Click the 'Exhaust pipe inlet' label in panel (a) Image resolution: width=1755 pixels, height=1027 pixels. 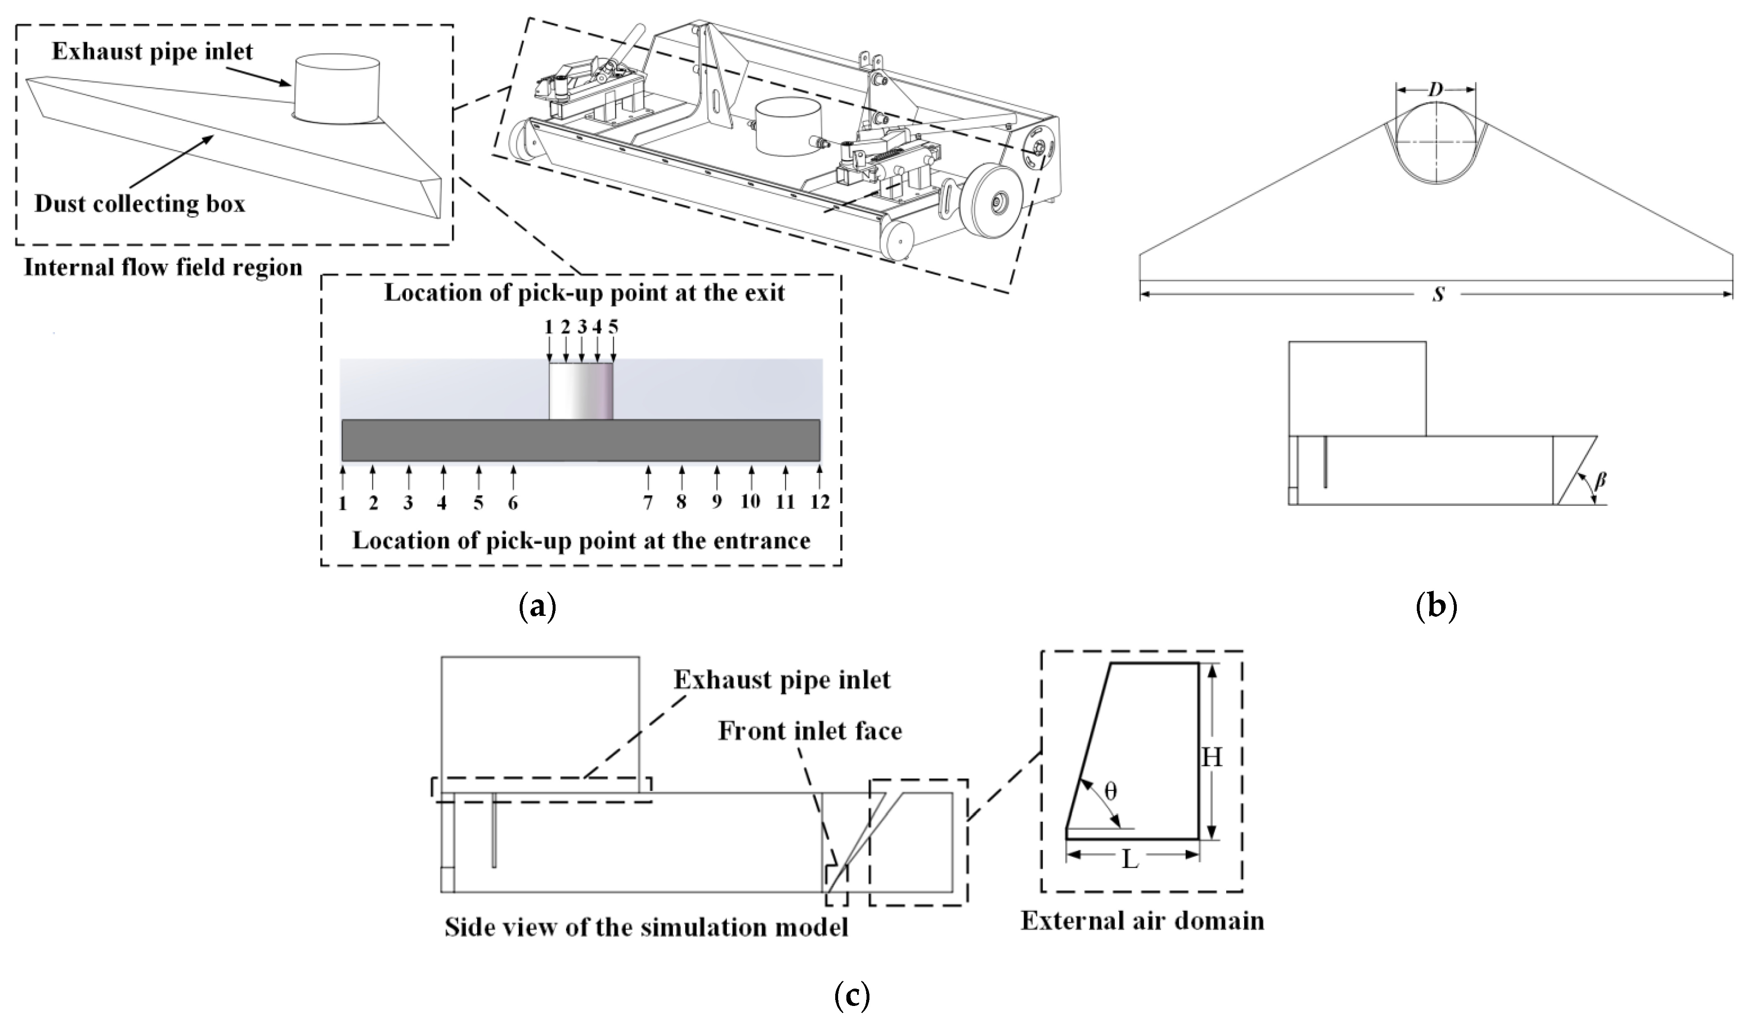(153, 52)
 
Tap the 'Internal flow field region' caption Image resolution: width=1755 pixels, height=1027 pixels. (163, 267)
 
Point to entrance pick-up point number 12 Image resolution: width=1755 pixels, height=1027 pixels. (820, 502)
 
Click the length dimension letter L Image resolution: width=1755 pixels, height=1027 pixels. (1130, 860)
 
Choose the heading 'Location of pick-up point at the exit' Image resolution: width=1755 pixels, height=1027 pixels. (584, 293)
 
